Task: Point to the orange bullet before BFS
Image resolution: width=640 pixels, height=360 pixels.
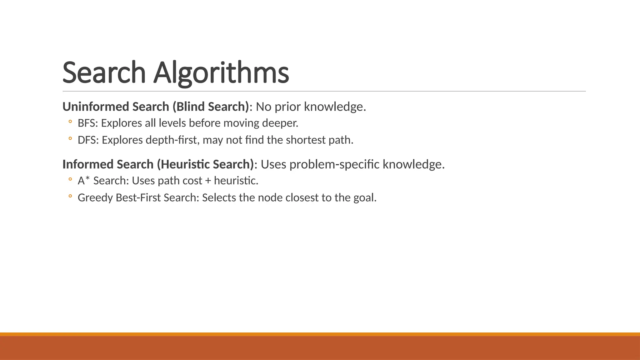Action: (x=70, y=122)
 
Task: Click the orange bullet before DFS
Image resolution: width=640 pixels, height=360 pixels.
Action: (x=70, y=138)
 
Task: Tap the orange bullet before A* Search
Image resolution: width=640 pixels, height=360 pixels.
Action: (x=70, y=179)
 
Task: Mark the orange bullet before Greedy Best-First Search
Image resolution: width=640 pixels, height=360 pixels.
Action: (x=70, y=196)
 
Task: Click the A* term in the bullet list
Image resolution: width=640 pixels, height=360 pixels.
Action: (x=84, y=181)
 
